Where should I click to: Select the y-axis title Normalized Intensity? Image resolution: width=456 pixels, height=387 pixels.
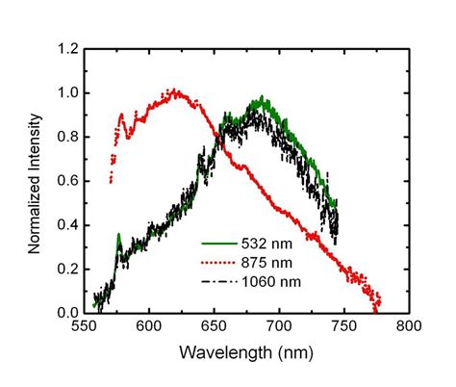pos(34,182)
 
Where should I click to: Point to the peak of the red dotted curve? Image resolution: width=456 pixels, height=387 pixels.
pos(174,92)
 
